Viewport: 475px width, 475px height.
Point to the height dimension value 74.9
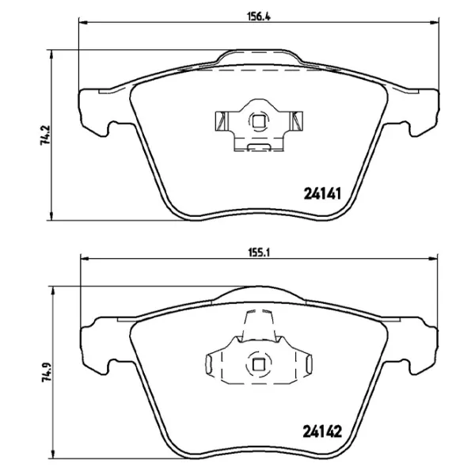48,370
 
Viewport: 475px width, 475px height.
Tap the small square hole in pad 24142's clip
259,365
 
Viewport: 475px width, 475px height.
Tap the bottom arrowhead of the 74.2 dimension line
53,218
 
